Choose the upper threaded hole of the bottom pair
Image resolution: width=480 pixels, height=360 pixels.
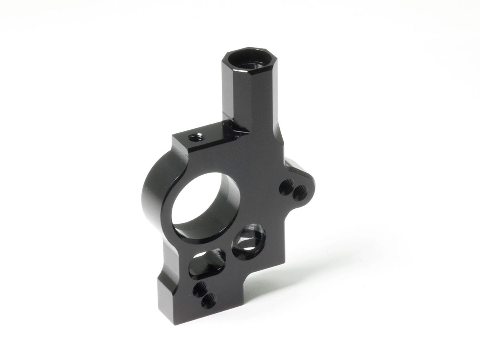(200, 288)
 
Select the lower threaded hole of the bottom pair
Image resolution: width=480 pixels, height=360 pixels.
(208, 300)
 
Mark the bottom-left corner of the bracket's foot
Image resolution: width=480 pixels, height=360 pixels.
(175, 322)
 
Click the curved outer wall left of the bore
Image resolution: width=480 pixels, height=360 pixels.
(154, 192)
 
